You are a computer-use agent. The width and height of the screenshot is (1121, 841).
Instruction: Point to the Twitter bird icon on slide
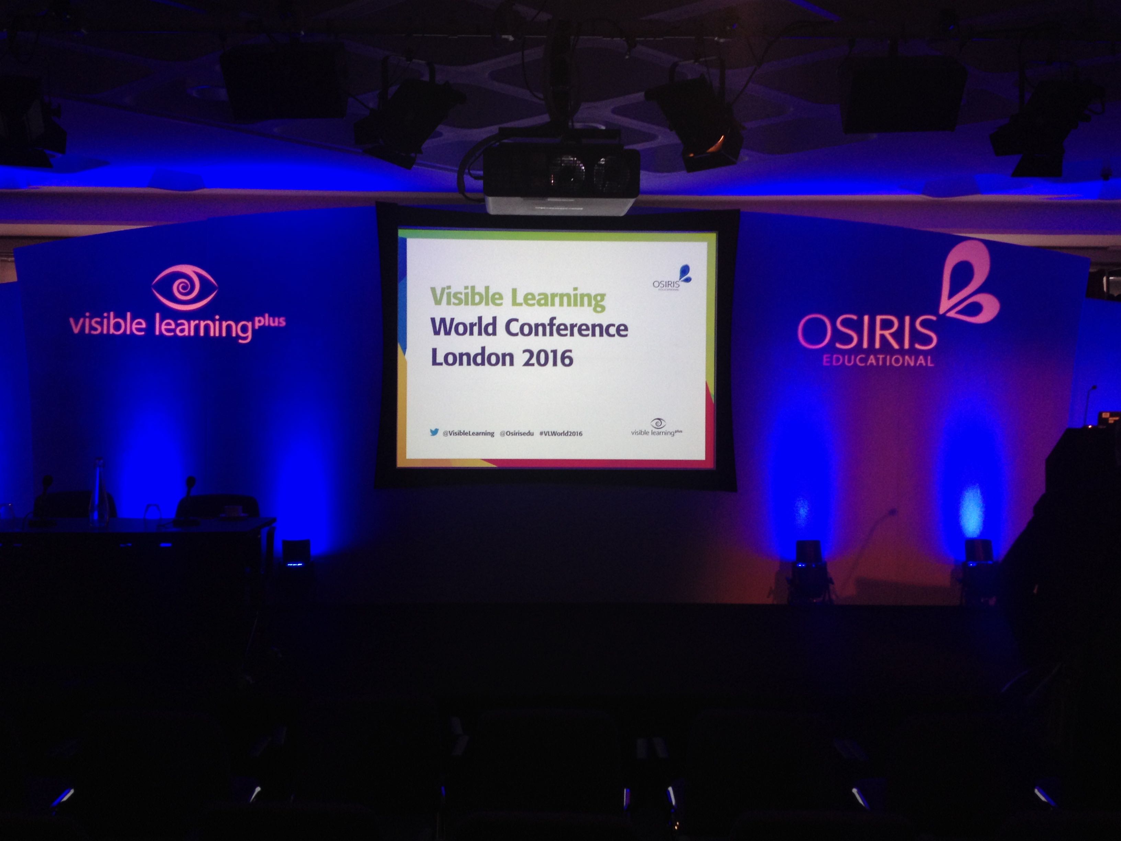[434, 433]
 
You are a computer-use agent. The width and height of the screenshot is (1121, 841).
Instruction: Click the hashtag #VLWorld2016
[560, 434]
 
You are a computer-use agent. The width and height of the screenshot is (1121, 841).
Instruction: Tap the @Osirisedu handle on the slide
[517, 434]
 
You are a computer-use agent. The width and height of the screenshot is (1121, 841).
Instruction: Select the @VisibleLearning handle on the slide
[468, 434]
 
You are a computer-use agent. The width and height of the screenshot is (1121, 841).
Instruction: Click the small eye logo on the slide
[658, 423]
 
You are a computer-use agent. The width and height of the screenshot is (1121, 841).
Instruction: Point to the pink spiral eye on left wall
[184, 287]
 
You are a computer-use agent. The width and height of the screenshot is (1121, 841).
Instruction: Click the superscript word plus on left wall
[269, 322]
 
